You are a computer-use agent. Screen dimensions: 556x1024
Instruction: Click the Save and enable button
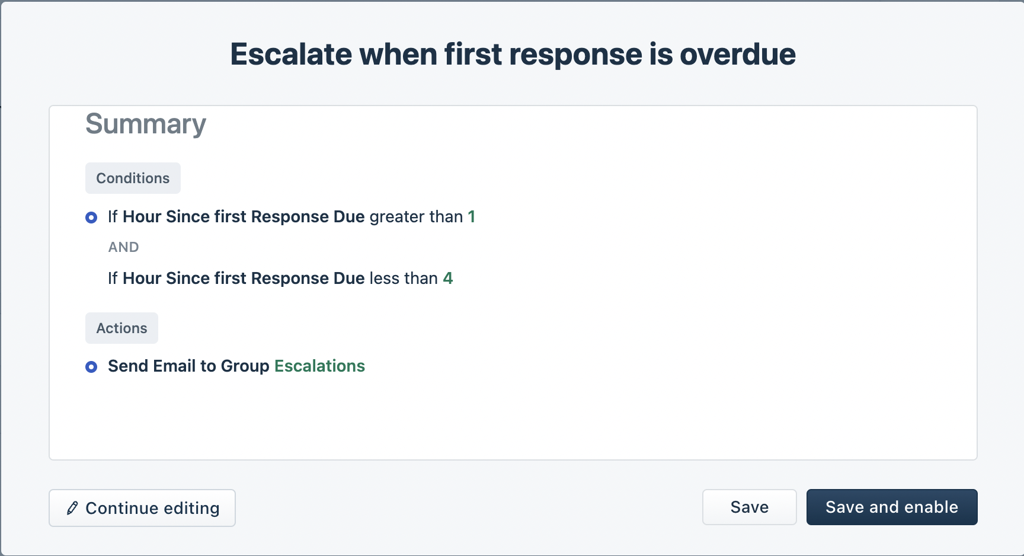[891, 507]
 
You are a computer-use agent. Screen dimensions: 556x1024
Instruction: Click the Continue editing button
[142, 508]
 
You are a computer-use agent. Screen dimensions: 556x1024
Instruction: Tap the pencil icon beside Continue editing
[72, 508]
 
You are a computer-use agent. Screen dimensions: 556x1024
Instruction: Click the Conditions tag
[133, 178]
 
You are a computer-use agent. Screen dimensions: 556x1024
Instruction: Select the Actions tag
[121, 328]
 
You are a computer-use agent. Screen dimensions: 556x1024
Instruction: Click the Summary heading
[146, 124]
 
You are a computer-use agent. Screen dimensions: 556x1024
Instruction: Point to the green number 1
[472, 217]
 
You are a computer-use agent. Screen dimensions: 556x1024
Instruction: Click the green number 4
[448, 279]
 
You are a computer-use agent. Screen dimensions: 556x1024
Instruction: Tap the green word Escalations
[319, 366]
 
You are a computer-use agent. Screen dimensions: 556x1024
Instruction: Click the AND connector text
[123, 247]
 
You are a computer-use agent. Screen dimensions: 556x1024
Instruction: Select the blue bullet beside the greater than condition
[91, 218]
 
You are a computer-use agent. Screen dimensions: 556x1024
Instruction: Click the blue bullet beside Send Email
[91, 367]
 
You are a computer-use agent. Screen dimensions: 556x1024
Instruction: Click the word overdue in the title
[737, 55]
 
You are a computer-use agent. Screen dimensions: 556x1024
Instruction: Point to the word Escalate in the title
[291, 55]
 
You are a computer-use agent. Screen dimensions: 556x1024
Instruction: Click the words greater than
[416, 217]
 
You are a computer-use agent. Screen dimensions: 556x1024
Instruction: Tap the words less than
[403, 279]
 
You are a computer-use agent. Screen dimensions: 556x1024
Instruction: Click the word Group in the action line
[245, 366]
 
